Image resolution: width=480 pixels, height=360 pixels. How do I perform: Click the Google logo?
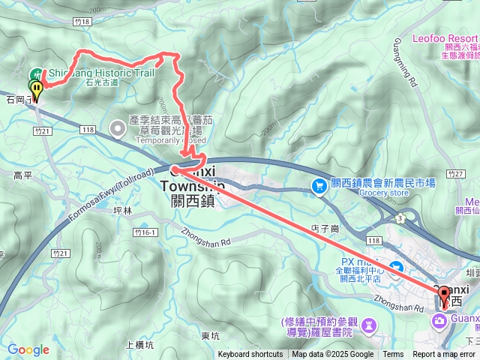click(28, 349)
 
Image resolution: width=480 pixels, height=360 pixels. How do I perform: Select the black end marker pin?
click(443, 296)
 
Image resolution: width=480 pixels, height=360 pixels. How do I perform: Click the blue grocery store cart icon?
click(320, 184)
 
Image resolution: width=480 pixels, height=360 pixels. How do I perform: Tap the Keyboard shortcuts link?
click(250, 355)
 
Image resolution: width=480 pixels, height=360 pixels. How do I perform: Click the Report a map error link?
click(444, 355)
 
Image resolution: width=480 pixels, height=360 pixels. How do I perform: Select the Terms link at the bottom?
click(393, 355)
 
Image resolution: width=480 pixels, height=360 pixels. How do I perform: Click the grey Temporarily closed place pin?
click(118, 128)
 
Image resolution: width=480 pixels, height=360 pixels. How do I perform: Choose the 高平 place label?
click(23, 175)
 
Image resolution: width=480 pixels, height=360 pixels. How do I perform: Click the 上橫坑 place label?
click(139, 345)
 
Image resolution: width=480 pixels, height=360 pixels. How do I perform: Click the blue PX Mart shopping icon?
click(396, 267)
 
